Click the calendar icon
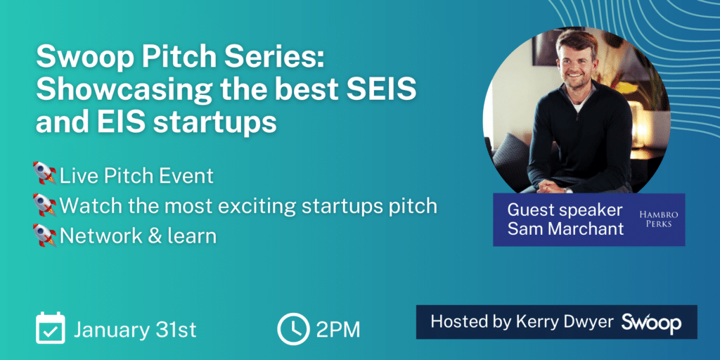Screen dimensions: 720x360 [x=51, y=328]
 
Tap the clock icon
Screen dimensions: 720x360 [x=293, y=329]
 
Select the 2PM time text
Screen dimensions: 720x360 [x=338, y=330]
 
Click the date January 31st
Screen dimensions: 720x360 [x=136, y=330]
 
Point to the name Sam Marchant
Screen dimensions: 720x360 [x=566, y=229]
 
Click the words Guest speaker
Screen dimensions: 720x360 [x=565, y=210]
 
